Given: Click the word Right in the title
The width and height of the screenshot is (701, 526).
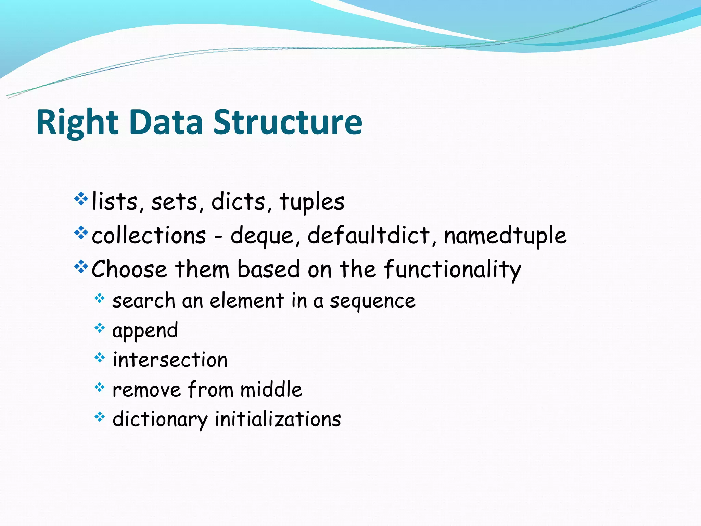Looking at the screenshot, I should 77,123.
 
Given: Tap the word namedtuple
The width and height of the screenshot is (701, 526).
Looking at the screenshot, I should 505,236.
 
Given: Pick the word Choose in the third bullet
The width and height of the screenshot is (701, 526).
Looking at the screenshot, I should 129,269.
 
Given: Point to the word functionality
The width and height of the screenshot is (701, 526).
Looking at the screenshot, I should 452,270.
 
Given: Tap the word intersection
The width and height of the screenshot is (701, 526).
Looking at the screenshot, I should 170,360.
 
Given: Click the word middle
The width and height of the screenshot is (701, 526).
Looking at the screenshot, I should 271,390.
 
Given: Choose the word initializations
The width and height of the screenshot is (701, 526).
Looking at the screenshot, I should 278,419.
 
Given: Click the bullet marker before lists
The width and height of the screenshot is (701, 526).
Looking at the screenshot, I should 81,199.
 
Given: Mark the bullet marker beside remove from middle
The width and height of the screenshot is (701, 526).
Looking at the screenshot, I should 100,387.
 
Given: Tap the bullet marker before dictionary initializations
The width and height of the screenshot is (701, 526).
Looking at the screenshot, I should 100,417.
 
